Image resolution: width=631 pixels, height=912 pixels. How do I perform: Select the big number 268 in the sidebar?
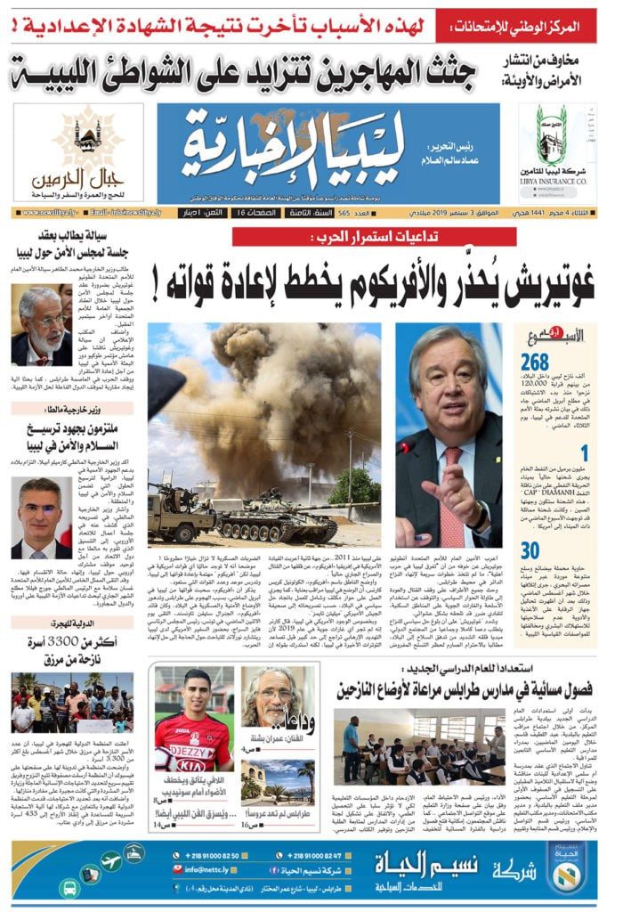[535, 362]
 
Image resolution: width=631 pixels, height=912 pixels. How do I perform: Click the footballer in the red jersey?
[194, 730]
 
